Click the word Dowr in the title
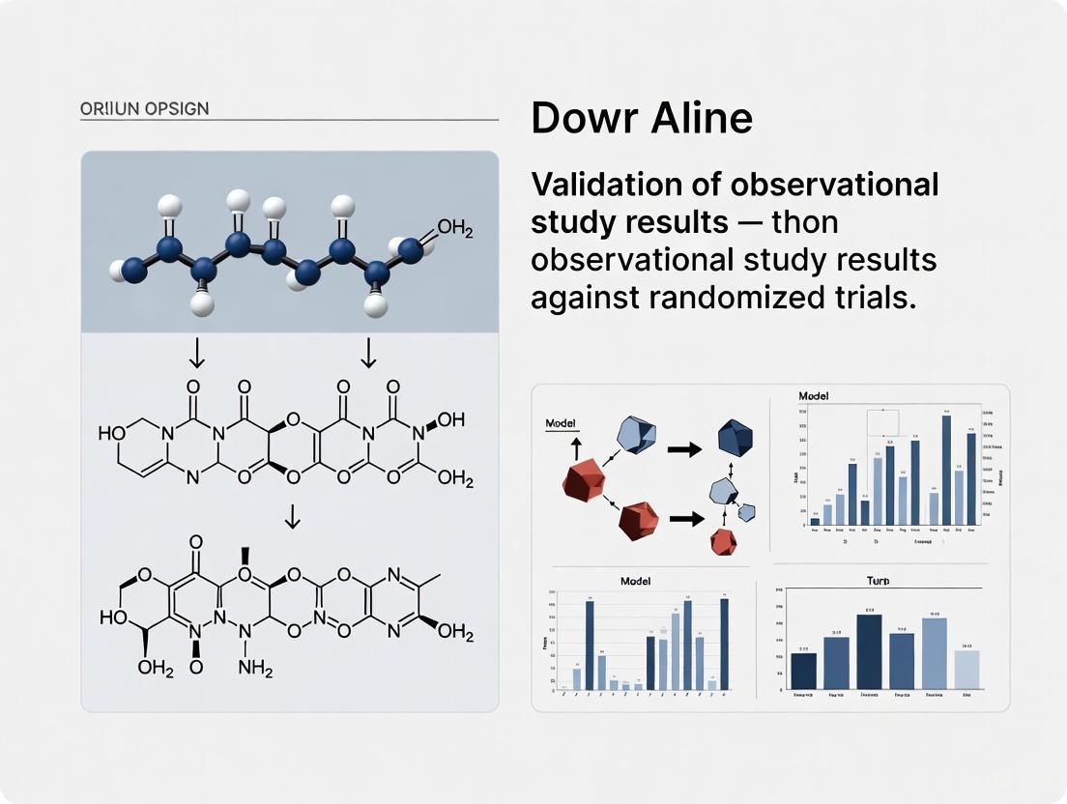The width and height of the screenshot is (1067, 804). tap(577, 120)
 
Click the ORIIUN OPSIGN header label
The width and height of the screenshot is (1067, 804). tap(145, 108)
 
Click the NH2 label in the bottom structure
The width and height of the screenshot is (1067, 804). tap(255, 668)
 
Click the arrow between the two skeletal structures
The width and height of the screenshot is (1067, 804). tap(291, 520)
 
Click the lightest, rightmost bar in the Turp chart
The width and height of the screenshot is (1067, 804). tap(966, 671)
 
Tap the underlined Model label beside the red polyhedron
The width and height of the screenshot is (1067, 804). tap(561, 424)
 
